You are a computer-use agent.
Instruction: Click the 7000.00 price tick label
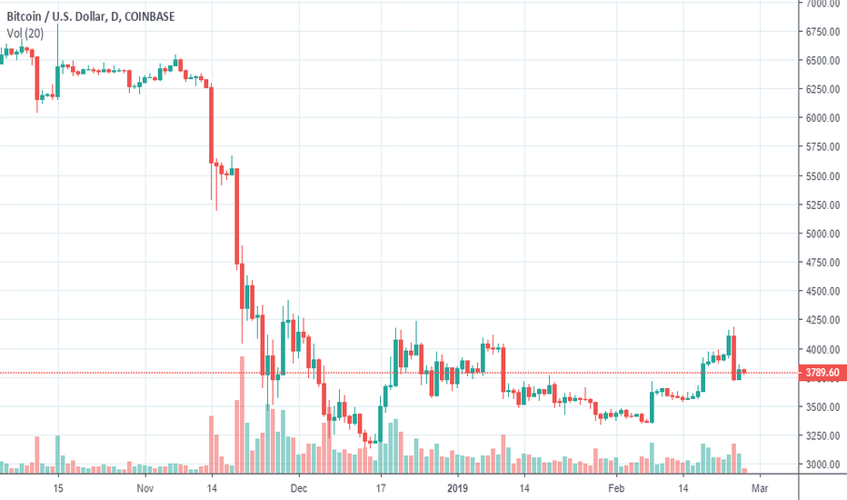(822, 4)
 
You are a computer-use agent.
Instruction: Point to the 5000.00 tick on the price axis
(822, 234)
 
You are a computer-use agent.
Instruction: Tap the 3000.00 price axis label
(822, 465)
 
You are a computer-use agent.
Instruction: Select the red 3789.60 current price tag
(822, 373)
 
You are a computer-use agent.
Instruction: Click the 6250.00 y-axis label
(822, 90)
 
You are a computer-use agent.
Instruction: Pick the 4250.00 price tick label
(822, 320)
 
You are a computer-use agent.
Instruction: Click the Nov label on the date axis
(144, 487)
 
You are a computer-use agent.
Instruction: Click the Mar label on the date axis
(761, 487)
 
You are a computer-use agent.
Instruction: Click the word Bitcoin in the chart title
(24, 15)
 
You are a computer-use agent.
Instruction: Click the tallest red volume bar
(242, 415)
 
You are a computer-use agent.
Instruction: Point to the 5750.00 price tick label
(822, 147)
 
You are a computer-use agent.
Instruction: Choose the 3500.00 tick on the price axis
(822, 406)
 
